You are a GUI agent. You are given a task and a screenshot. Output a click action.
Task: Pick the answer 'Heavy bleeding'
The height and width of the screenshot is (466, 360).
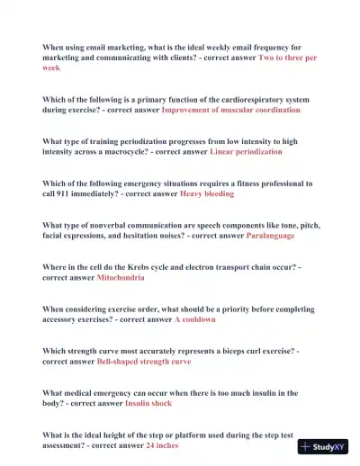[x=207, y=193]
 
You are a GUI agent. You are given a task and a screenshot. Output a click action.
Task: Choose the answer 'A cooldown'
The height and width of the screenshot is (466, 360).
[x=194, y=319]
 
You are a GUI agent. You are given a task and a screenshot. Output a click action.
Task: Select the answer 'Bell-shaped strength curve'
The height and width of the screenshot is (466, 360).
[x=144, y=362]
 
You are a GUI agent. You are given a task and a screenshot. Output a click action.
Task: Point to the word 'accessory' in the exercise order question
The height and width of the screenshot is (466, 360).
[x=63, y=319]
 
